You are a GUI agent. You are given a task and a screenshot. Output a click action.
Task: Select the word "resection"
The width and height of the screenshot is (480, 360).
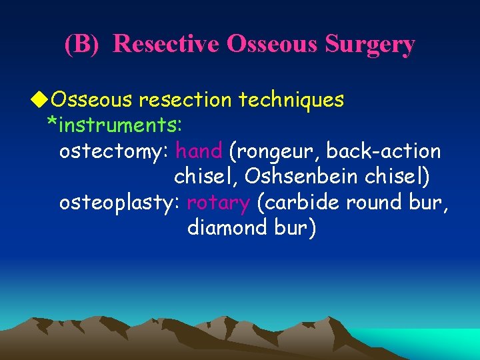pyautogui.click(x=179, y=99)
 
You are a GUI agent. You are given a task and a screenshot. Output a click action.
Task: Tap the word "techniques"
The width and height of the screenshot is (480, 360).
pyautogui.click(x=293, y=99)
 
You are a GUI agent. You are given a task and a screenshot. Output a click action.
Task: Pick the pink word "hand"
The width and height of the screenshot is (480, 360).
pyautogui.click(x=198, y=151)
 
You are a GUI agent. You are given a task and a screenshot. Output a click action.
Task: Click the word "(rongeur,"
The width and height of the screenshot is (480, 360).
pyautogui.click(x=274, y=151)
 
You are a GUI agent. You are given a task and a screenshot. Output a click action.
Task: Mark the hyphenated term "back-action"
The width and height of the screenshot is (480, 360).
pyautogui.click(x=383, y=151)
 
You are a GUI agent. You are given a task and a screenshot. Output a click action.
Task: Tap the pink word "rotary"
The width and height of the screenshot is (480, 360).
pyautogui.click(x=219, y=202)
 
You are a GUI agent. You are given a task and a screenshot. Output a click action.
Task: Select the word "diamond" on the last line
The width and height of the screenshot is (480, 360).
pyautogui.click(x=228, y=227)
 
